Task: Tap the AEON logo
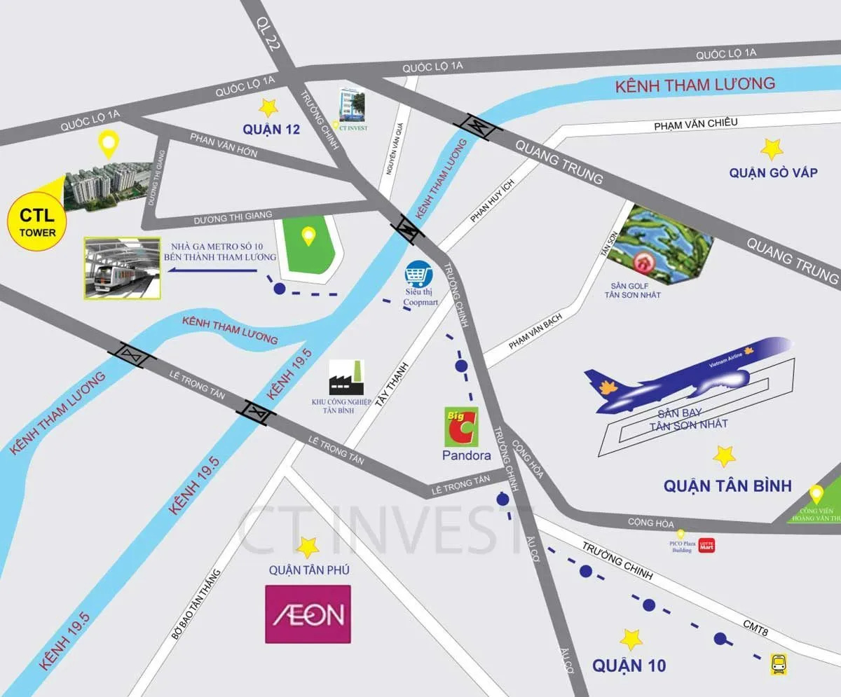pos(308,614)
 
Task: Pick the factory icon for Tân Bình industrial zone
pos(346,379)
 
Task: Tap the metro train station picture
pos(121,268)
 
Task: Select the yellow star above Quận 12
pos(267,107)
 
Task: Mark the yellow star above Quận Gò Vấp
pos(772,149)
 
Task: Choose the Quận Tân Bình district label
pos(727,485)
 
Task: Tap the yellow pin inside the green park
pos(308,237)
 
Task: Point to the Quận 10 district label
pos(629,665)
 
